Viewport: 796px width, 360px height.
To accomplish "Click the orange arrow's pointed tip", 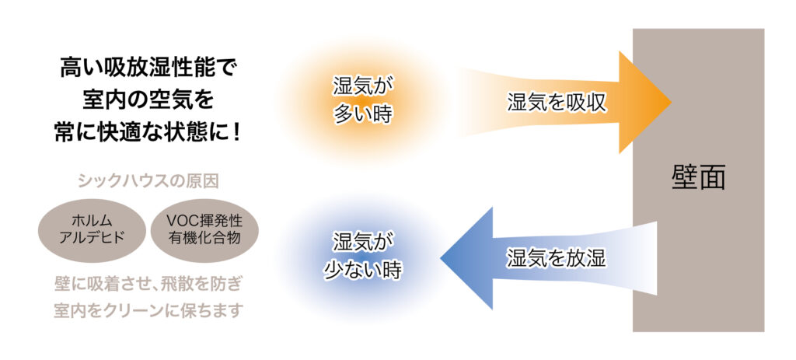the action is click(x=671, y=102).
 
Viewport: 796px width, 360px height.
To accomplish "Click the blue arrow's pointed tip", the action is click(x=441, y=258).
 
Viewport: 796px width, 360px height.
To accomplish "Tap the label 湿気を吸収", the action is click(x=557, y=103).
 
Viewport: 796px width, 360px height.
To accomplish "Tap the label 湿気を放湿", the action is click(x=557, y=258).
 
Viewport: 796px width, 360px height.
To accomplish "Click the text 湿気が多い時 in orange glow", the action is click(x=363, y=100).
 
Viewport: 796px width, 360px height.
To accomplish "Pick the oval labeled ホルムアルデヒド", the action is click(x=92, y=230).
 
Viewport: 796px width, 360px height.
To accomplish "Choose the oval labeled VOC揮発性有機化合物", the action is click(x=204, y=230).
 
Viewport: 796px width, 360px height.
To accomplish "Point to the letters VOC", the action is click(x=180, y=221).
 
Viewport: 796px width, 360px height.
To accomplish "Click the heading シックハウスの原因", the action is click(x=148, y=181).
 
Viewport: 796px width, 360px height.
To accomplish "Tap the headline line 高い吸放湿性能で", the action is click(x=148, y=68).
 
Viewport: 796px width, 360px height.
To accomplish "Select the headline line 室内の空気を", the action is click(x=148, y=100).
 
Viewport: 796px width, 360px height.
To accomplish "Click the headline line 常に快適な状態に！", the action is click(x=148, y=132).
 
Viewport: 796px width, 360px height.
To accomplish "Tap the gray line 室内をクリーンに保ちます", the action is click(x=148, y=310).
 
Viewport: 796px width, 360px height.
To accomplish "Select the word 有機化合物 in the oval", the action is click(x=204, y=238).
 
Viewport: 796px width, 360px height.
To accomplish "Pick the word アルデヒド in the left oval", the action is click(x=92, y=238).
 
